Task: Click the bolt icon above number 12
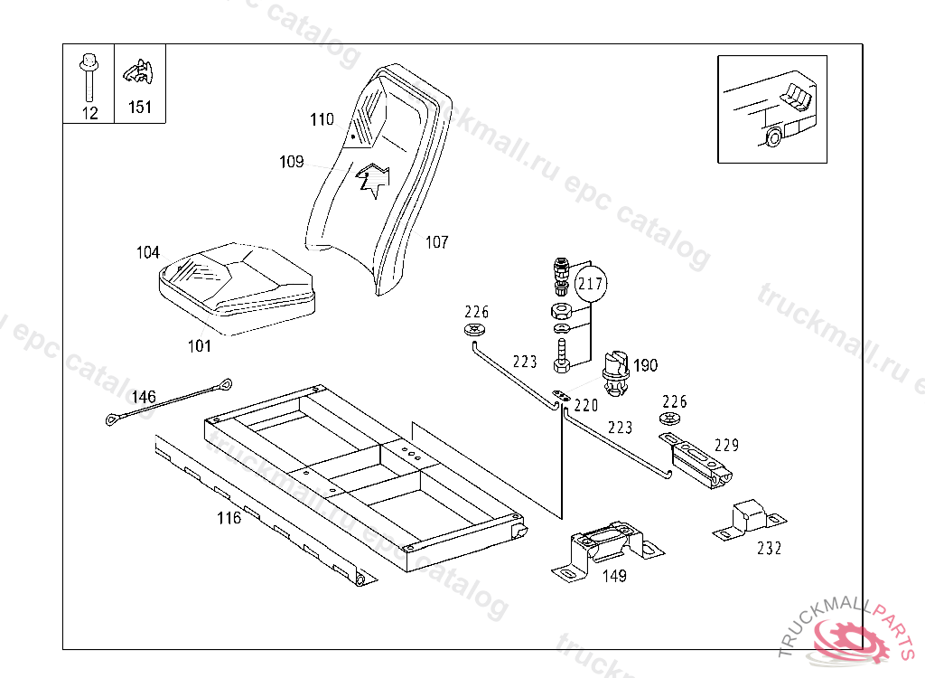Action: point(88,77)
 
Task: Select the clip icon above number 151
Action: point(139,71)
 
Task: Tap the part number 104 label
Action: point(148,252)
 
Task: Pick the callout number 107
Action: point(436,242)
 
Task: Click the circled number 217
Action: point(591,284)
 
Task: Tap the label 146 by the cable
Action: point(144,397)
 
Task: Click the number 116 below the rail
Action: point(229,518)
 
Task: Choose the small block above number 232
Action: point(749,517)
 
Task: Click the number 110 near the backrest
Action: point(322,119)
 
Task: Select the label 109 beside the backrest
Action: point(291,162)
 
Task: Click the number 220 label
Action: point(586,406)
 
